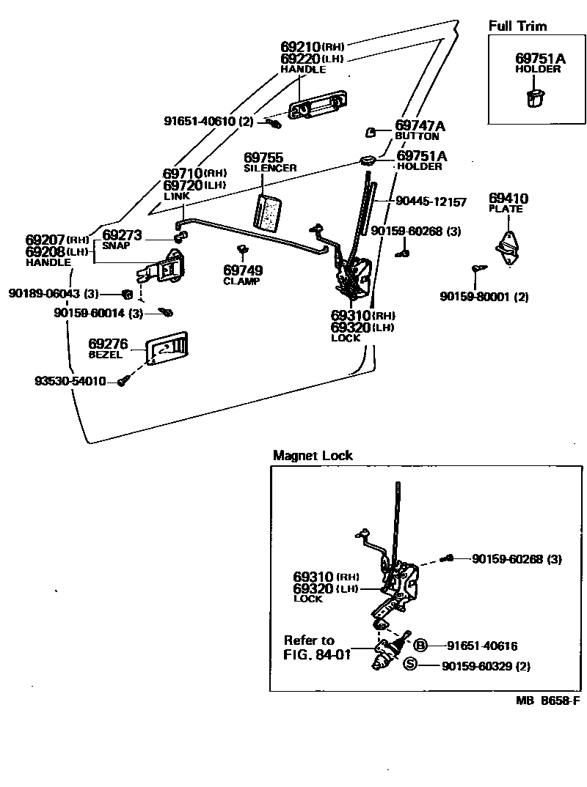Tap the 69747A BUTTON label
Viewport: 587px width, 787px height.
[419, 130]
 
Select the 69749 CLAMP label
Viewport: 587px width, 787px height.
[243, 275]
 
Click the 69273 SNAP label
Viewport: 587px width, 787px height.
[122, 239]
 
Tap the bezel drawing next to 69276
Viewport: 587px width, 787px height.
[167, 348]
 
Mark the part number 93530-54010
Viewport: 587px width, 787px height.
[70, 381]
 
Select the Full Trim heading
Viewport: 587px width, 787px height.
[518, 26]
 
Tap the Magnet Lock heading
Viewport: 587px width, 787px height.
[313, 455]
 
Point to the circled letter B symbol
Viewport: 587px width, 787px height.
[420, 646]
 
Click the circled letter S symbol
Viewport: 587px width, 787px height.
[410, 664]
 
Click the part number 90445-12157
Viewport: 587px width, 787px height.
[430, 201]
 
